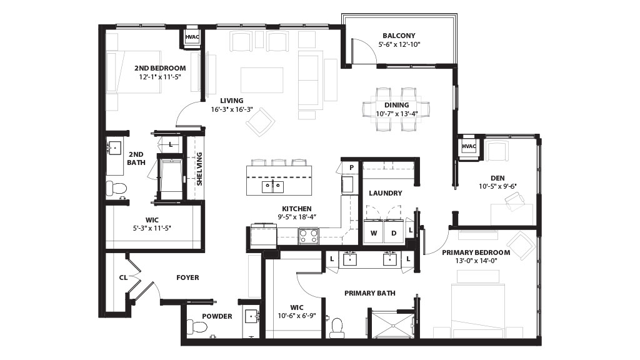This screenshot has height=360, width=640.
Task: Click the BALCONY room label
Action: point(399,36)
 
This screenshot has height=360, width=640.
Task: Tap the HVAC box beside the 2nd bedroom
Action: point(192,37)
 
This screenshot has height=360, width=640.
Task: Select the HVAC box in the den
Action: point(469,146)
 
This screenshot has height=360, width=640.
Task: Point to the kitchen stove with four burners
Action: point(309,236)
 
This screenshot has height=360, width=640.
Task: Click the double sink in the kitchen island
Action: point(272,186)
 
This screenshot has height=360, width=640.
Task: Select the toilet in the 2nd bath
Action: point(116,188)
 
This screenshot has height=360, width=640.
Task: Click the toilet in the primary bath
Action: point(337,327)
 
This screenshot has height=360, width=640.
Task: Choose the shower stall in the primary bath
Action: point(392,324)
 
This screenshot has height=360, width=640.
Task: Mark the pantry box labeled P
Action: point(351,167)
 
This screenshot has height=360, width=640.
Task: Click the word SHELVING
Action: point(199,169)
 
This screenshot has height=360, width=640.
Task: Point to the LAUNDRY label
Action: point(385,193)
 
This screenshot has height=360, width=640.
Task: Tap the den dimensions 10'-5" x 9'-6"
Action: point(497,186)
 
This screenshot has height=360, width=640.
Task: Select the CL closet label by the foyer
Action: point(123,277)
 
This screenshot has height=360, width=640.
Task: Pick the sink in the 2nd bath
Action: point(114,147)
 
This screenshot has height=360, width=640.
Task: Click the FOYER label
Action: point(187,277)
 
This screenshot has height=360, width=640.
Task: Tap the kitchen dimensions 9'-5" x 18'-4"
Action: point(297,217)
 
